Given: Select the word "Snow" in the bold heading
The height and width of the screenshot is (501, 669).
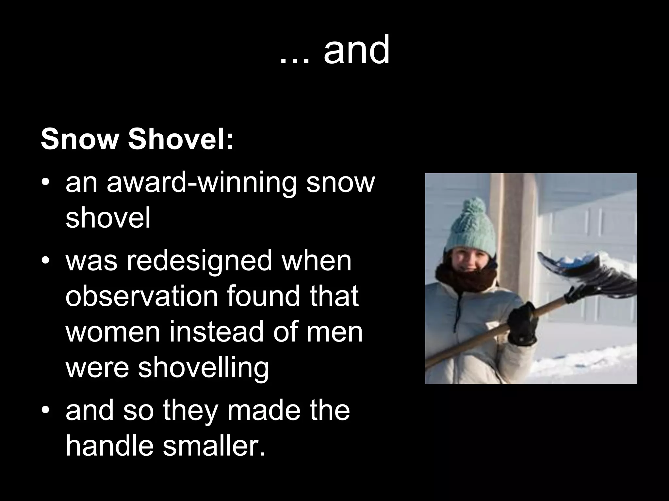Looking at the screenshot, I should click(x=78, y=140).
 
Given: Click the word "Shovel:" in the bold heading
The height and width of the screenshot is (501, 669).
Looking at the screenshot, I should click(x=181, y=140).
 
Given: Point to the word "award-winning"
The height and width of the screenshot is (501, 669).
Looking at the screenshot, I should click(x=201, y=183).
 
